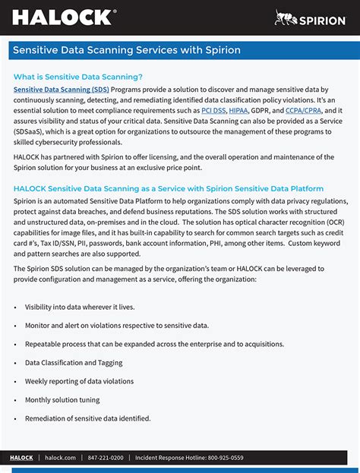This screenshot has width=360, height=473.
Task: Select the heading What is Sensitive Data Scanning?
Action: tap(77, 77)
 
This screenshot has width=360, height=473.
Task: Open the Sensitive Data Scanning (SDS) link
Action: tap(61, 90)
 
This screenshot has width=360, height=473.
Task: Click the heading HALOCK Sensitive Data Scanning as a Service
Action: tap(169, 188)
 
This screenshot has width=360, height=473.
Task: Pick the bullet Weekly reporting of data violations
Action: tap(79, 381)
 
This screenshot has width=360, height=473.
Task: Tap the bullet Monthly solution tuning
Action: tap(62, 399)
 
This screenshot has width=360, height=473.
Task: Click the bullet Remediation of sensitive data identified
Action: tap(88, 418)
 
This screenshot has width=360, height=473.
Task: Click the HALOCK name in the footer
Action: tap(21, 458)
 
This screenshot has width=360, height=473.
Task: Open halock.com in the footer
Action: tap(60, 458)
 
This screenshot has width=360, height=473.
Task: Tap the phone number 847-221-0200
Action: tap(106, 458)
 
